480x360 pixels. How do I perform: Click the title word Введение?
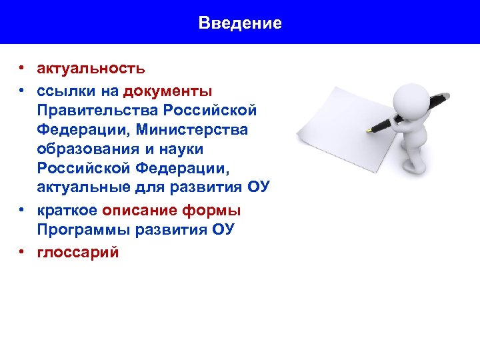pos(240,23)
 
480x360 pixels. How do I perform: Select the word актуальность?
pos(91,68)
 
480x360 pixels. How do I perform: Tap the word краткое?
pos(67,211)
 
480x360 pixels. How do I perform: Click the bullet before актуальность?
pos(22,68)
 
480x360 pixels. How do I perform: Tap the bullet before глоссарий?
pos(22,252)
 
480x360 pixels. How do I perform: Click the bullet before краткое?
pos(22,211)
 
